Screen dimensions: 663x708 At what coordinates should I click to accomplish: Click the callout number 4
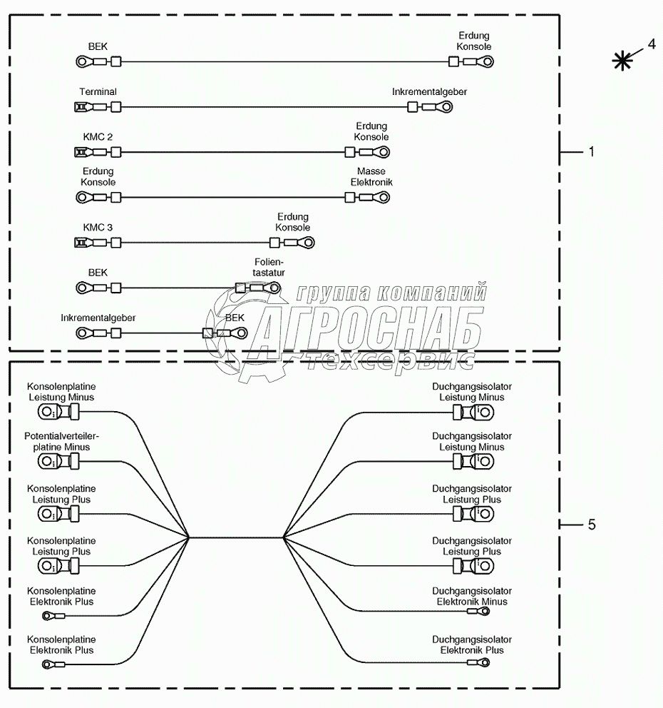[651, 44]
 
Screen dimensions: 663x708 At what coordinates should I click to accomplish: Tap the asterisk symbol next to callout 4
[623, 61]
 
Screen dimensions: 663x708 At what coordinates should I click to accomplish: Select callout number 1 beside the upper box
[590, 152]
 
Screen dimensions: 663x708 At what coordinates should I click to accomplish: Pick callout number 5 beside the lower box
[591, 525]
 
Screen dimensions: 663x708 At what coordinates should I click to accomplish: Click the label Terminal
[98, 92]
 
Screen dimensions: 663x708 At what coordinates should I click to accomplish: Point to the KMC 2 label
[98, 136]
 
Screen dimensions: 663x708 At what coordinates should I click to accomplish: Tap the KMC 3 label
[98, 228]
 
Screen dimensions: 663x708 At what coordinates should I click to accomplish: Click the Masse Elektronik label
[371, 177]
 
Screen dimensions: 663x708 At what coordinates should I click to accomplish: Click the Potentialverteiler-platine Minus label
[61, 442]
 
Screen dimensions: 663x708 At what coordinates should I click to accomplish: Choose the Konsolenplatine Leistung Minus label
[61, 392]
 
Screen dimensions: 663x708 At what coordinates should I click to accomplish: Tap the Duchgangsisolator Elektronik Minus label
[472, 597]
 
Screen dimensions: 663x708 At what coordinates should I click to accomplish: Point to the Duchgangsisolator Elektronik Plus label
[472, 645]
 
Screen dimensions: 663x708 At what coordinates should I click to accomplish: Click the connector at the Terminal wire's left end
[81, 107]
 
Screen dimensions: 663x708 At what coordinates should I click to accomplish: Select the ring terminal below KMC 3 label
[83, 243]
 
